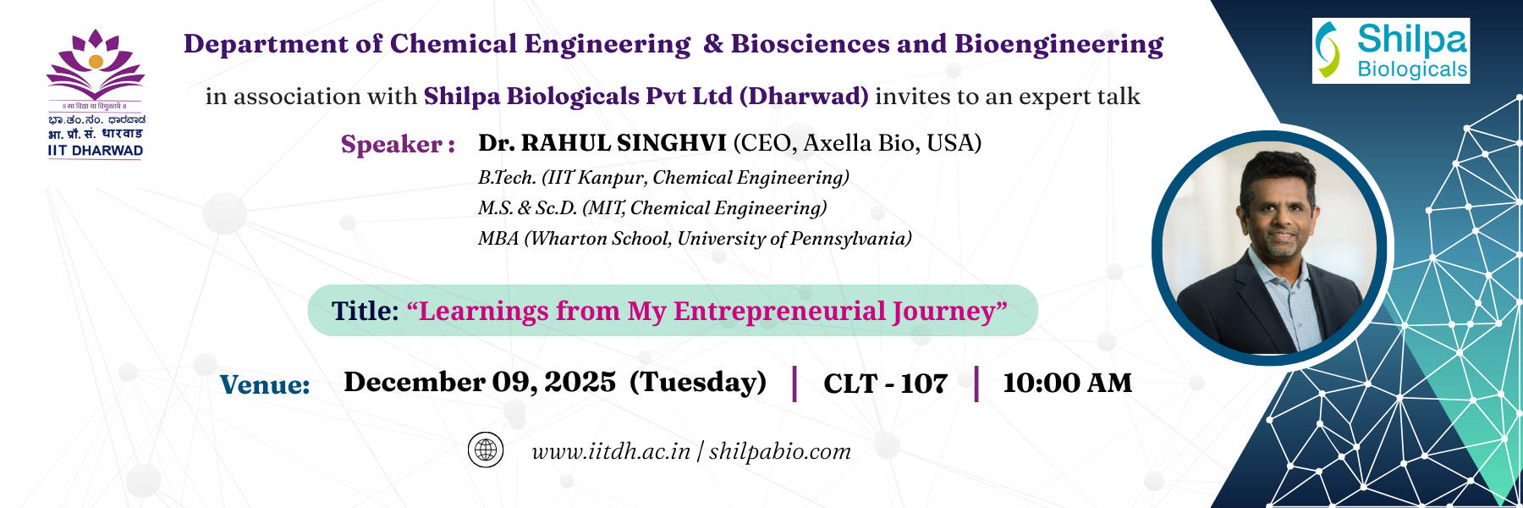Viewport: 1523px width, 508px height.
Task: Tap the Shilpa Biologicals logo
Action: coord(1391,51)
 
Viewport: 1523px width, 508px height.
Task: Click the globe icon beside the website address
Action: coord(486,450)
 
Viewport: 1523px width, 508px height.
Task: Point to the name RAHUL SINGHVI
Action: coord(624,142)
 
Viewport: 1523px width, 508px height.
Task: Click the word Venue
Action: coord(265,384)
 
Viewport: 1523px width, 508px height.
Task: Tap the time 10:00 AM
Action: coord(1067,383)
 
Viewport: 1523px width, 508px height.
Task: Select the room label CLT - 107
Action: coord(885,384)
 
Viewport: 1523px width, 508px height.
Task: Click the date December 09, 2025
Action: coord(480,382)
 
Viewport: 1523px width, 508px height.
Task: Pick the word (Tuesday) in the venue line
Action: coord(698,382)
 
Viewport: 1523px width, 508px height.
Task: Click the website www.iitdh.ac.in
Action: coord(611,451)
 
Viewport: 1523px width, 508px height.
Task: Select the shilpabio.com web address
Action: coord(780,451)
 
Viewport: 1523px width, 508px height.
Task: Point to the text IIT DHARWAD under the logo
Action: coord(96,151)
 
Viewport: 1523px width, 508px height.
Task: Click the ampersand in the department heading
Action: coord(713,44)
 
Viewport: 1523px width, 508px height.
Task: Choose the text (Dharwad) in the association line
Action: coord(804,97)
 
